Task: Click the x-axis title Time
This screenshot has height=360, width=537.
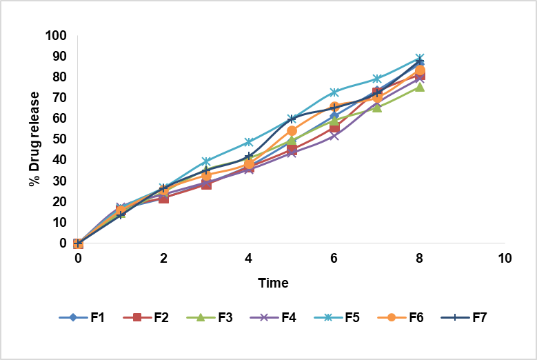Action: point(273,283)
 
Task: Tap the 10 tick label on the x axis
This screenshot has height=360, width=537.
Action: point(505,259)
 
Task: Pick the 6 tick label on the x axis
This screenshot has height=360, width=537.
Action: point(334,259)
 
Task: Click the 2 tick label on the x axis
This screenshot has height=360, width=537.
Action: point(163,259)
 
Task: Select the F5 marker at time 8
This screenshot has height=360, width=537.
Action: point(419,59)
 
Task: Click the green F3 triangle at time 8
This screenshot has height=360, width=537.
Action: point(419,87)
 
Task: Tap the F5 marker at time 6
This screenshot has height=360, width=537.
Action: point(334,92)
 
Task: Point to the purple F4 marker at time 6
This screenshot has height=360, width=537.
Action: point(334,136)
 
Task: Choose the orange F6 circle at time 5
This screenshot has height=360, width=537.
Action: point(292,130)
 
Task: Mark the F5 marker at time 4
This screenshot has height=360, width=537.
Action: point(249,142)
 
